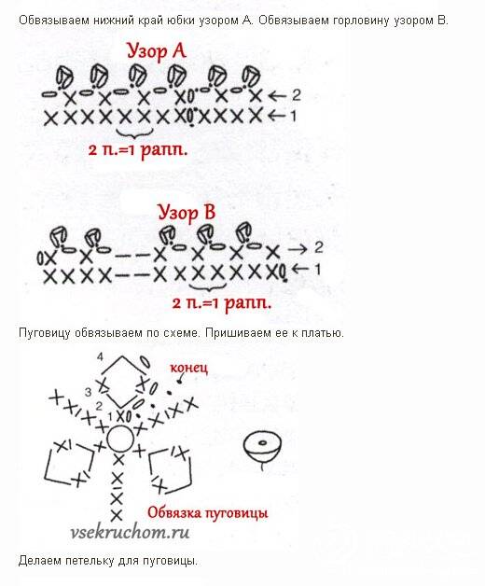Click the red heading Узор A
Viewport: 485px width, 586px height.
pos(156,51)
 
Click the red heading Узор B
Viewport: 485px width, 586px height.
pos(187,214)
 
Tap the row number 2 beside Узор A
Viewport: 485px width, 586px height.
pos(297,95)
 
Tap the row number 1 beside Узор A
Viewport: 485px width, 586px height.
pos(293,117)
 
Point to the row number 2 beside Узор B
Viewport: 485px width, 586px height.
pos(318,247)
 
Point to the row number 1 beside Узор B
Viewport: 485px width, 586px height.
pos(318,269)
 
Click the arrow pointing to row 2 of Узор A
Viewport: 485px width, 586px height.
pos(278,96)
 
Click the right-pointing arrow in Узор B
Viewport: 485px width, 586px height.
pos(298,249)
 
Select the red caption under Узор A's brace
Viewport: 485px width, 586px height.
pos(138,150)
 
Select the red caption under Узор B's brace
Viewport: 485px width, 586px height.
pos(222,302)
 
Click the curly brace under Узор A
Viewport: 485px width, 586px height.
pos(134,133)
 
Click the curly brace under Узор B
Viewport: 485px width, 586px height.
pos(208,286)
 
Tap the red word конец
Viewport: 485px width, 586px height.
pos(188,369)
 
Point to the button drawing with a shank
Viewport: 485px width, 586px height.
pos(262,450)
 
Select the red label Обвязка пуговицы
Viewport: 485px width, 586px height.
pos(208,513)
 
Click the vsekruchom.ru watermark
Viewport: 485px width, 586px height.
pos(130,532)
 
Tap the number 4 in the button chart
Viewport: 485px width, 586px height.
pos(100,357)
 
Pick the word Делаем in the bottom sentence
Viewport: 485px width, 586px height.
pos(39,561)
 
